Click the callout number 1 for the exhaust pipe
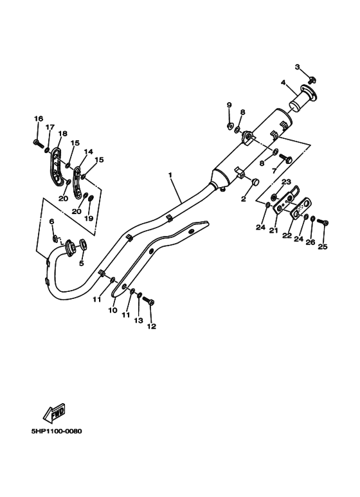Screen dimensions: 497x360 [x=170, y=174]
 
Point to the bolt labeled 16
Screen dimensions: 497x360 [x=38, y=142]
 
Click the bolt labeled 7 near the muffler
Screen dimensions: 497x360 [x=287, y=158]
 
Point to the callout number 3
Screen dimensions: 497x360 [x=298, y=67]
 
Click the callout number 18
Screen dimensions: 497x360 [x=62, y=134]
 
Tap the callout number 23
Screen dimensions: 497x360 [x=286, y=182]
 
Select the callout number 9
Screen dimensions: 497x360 [x=229, y=105]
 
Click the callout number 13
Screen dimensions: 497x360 [x=138, y=320]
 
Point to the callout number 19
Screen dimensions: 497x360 [x=89, y=219]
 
